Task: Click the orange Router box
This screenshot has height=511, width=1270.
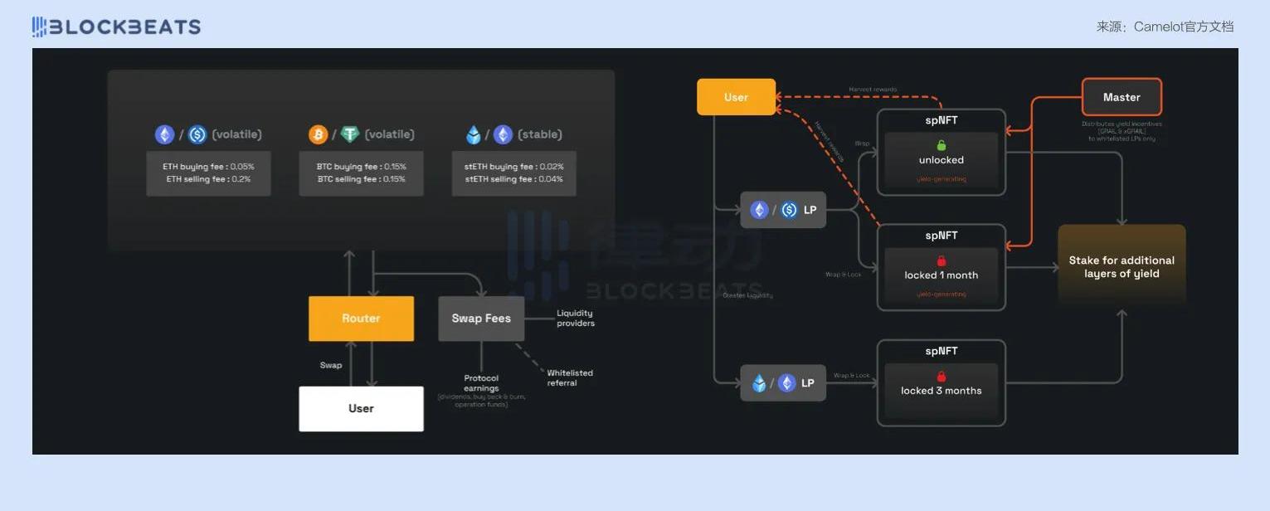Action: (361, 319)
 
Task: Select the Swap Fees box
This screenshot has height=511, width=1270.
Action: (481, 319)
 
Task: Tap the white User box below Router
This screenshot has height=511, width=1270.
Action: (361, 408)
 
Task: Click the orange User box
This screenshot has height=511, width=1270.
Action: (736, 97)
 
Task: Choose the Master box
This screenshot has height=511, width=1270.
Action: (1122, 97)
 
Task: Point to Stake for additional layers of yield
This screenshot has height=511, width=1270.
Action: (1122, 267)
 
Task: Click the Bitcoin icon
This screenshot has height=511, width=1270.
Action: (318, 134)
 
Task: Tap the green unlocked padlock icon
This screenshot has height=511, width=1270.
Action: (942, 145)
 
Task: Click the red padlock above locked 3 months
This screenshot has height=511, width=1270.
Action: (942, 377)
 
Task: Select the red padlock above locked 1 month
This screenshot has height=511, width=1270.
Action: (942, 261)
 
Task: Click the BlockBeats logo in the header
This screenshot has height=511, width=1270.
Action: (116, 27)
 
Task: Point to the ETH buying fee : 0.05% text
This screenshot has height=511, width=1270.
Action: (208, 167)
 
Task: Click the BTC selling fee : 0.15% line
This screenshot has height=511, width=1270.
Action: (361, 179)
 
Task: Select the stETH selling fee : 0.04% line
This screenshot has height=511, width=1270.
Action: (513, 179)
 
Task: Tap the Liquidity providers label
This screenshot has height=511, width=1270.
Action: (575, 318)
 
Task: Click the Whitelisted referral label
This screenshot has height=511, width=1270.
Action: (570, 377)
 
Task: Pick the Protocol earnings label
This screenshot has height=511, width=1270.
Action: (481, 383)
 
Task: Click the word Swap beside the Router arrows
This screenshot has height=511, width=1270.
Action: (331, 365)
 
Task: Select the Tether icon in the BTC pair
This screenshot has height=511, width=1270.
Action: (350, 134)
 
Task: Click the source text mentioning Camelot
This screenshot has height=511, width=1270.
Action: (1165, 27)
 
